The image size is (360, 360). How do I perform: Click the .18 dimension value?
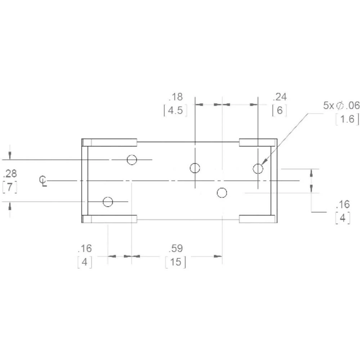176,97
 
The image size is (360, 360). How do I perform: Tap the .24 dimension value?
280,97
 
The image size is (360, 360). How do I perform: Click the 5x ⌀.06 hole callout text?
341,105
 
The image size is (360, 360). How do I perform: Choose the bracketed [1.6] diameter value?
347,119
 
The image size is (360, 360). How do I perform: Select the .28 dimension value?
10,174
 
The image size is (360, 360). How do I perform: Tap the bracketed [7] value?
10,187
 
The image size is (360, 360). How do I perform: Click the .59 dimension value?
176,248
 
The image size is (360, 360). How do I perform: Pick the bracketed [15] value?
176,262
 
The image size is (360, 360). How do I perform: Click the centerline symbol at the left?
43,181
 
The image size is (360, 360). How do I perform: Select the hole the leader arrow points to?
258,168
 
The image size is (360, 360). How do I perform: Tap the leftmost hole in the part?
108,202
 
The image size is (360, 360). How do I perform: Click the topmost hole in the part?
132,159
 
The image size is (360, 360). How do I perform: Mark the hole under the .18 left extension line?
195,168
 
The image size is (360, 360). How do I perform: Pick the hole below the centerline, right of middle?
222,193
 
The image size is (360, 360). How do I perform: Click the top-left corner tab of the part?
110,142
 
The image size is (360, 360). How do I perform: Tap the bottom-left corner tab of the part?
110,219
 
